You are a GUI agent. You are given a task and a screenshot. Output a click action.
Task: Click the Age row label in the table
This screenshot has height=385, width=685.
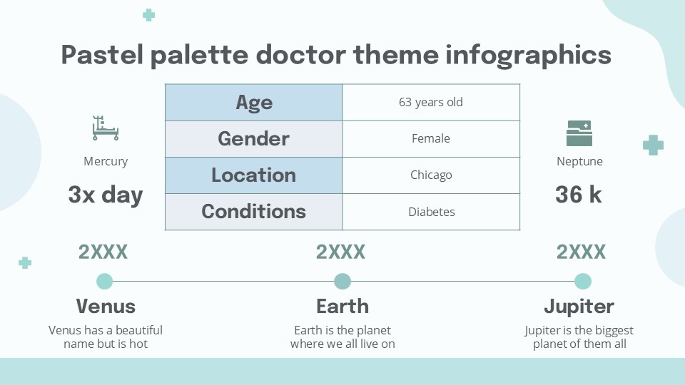click(x=254, y=103)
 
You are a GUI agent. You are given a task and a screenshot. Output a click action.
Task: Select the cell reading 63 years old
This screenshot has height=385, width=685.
click(x=431, y=103)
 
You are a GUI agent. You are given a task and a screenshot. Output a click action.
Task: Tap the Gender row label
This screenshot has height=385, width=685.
click(x=254, y=139)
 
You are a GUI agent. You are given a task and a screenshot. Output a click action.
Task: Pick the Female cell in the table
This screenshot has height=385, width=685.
click(x=431, y=139)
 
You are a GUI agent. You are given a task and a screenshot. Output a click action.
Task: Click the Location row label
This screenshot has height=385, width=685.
click(x=254, y=175)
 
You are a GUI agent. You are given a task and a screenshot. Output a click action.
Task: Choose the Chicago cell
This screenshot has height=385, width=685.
click(x=431, y=175)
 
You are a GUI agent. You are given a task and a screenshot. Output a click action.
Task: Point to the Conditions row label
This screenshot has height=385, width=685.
click(x=254, y=212)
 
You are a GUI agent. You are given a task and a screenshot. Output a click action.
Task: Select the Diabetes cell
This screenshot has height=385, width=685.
click(x=431, y=212)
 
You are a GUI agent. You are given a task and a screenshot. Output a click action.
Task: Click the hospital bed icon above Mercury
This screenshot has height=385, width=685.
click(x=106, y=128)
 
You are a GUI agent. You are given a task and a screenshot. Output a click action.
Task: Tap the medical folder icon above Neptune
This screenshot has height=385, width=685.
click(x=579, y=133)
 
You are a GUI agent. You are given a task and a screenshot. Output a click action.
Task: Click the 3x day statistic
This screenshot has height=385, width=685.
click(x=106, y=195)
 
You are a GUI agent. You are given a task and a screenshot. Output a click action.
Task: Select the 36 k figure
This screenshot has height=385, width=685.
click(x=579, y=195)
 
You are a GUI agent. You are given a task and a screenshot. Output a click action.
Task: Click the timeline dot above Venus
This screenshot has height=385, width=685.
click(x=105, y=281)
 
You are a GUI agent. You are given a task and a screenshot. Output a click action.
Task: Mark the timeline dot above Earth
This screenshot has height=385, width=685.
click(x=342, y=281)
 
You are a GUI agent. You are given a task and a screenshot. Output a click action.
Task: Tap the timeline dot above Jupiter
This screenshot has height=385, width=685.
click(x=582, y=281)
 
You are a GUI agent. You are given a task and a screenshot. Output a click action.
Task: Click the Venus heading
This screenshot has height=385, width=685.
click(x=106, y=307)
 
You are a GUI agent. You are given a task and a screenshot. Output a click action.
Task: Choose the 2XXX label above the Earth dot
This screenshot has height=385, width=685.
click(x=341, y=252)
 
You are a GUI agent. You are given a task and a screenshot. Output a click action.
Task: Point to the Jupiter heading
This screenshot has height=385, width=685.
click(x=579, y=307)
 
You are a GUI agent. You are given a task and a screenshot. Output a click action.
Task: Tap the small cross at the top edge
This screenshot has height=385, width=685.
click(x=148, y=15)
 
